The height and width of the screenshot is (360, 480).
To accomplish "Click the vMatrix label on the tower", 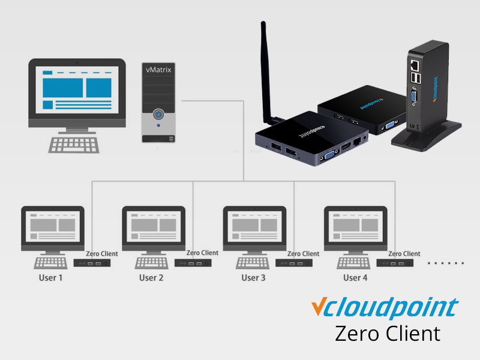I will point(158,70).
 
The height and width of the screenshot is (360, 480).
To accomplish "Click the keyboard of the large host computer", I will point(74,144).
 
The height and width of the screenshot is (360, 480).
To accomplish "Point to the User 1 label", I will point(50,278).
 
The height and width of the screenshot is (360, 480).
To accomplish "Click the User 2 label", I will point(151,278).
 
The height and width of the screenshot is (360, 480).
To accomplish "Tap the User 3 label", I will point(253,278).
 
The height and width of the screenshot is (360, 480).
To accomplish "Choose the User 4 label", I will point(355,278).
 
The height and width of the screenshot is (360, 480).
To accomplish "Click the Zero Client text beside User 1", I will point(102,254).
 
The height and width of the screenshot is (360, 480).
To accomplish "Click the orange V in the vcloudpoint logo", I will point(319,307).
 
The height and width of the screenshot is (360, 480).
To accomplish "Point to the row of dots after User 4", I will point(446,263).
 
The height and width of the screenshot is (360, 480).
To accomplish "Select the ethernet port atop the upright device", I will point(413,63).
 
